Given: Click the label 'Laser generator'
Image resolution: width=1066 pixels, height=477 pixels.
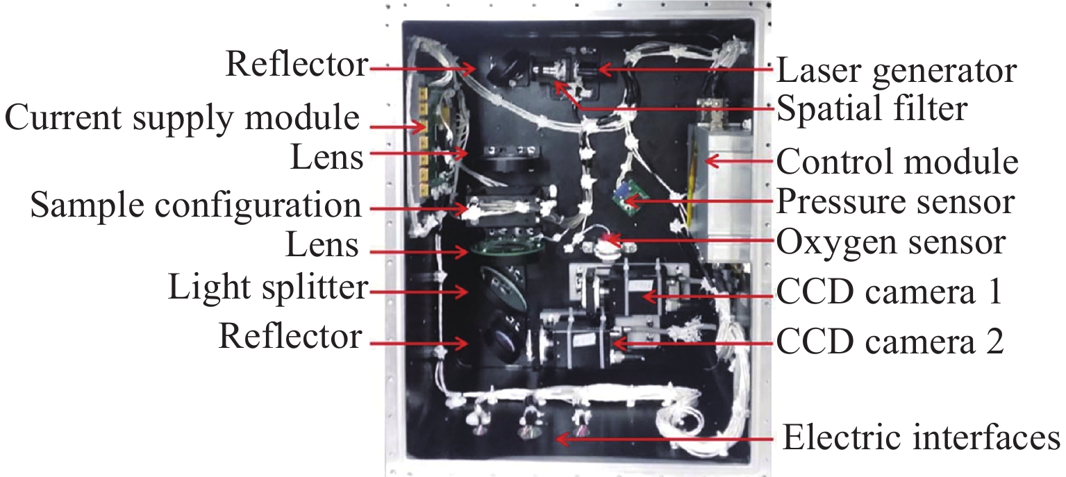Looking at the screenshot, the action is pos(897,70).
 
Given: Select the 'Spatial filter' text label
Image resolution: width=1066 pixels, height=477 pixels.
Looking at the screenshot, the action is pos(872,109).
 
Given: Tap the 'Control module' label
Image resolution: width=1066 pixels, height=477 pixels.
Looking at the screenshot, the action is pos(897,162).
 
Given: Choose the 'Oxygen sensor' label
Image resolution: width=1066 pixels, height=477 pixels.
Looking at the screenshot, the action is pos(891,242).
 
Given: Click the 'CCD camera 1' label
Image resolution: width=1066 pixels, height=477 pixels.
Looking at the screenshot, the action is pos(890,291).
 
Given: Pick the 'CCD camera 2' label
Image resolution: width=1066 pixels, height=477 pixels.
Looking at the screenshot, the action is pos(890,341).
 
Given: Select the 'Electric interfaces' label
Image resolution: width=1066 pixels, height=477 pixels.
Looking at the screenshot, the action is pos(922,437).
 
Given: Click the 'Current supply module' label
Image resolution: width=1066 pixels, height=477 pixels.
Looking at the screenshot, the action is pos(182,118).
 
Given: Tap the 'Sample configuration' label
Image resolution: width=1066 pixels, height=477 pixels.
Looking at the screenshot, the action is pos(196,206).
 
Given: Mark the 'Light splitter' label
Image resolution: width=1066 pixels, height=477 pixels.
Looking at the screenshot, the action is pos(268,287).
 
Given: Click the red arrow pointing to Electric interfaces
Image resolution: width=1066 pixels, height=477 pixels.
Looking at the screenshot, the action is pos(665,439).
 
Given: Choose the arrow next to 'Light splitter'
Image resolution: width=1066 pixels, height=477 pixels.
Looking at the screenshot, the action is pos(419,291).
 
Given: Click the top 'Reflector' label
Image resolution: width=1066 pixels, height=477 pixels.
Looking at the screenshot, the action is pos(297,64).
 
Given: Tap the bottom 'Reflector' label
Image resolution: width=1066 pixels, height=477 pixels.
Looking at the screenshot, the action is pos(290,336).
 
